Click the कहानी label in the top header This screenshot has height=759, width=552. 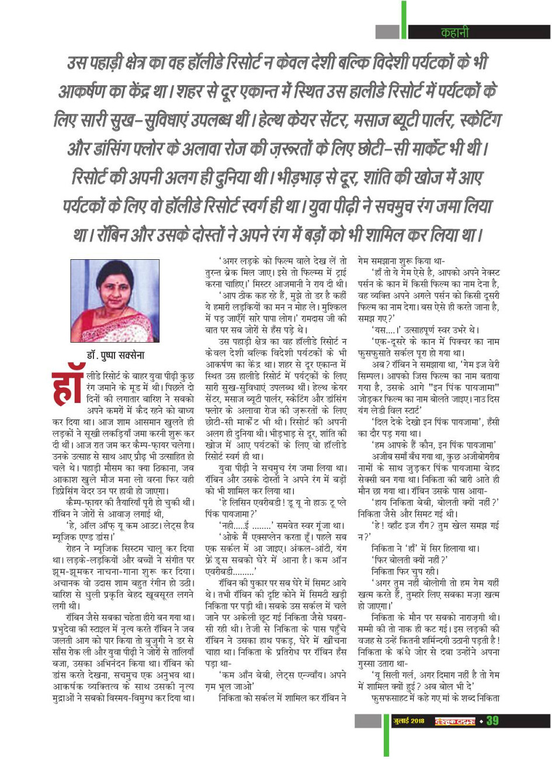coord(454,33)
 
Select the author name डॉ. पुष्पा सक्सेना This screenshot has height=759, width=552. coord(114,355)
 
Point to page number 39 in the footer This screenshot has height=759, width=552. coord(492,720)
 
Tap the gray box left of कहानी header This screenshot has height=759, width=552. coord(387,32)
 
